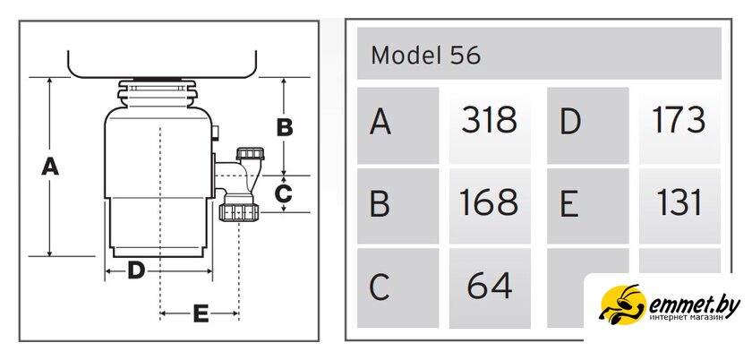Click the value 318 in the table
489,120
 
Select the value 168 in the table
489,202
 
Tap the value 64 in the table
490,286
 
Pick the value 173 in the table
679,120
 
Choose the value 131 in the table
679,202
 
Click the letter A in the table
380,122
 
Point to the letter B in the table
380,204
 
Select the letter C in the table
379,287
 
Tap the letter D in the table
570,122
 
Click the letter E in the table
569,204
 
